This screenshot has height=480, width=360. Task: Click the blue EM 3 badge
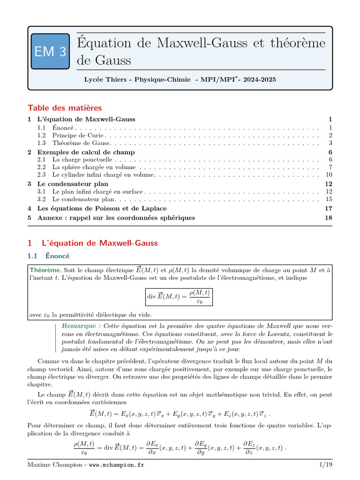click(x=50, y=52)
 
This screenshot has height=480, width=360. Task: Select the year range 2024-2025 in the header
click(x=260, y=80)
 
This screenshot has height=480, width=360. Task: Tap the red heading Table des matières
click(x=65, y=108)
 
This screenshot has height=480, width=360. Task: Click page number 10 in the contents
click(x=329, y=175)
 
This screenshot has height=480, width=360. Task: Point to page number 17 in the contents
click(x=329, y=208)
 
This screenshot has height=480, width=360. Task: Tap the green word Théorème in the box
click(x=45, y=270)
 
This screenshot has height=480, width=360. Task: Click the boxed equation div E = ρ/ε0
click(x=179, y=297)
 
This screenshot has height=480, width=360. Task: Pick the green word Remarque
click(x=80, y=326)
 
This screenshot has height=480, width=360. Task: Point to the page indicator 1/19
click(x=325, y=465)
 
